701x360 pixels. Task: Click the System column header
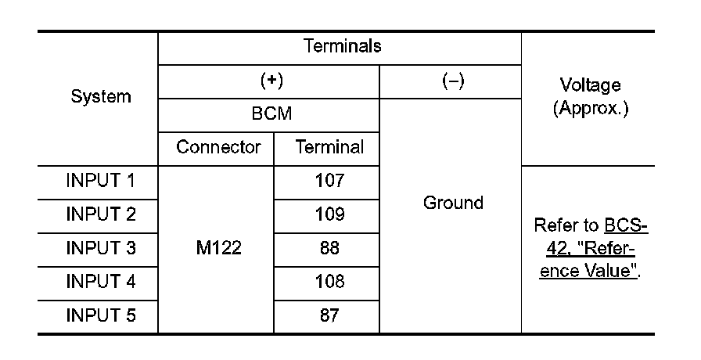pos(101,97)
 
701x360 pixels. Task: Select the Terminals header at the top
pos(342,46)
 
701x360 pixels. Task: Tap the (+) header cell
pos(270,81)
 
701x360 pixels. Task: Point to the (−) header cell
pos(451,81)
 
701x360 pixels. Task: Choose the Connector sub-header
pos(217,147)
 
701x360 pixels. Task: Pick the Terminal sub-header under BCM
pos(329,147)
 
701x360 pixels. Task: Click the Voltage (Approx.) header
pos(590,97)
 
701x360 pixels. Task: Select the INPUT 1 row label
pos(101,181)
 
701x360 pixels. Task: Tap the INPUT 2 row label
pos(101,214)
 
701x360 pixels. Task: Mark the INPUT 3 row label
pos(101,248)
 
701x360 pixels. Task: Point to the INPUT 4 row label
pos(101,282)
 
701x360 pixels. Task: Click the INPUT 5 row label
pos(101,316)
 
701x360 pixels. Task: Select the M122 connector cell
pos(217,249)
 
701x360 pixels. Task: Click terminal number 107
pos(329,181)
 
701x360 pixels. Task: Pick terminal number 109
pos(329,214)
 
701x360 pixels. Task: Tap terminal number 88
pos(329,248)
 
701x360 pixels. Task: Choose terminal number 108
pos(329,282)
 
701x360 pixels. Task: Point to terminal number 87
pos(329,316)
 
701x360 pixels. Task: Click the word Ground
pos(452,203)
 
